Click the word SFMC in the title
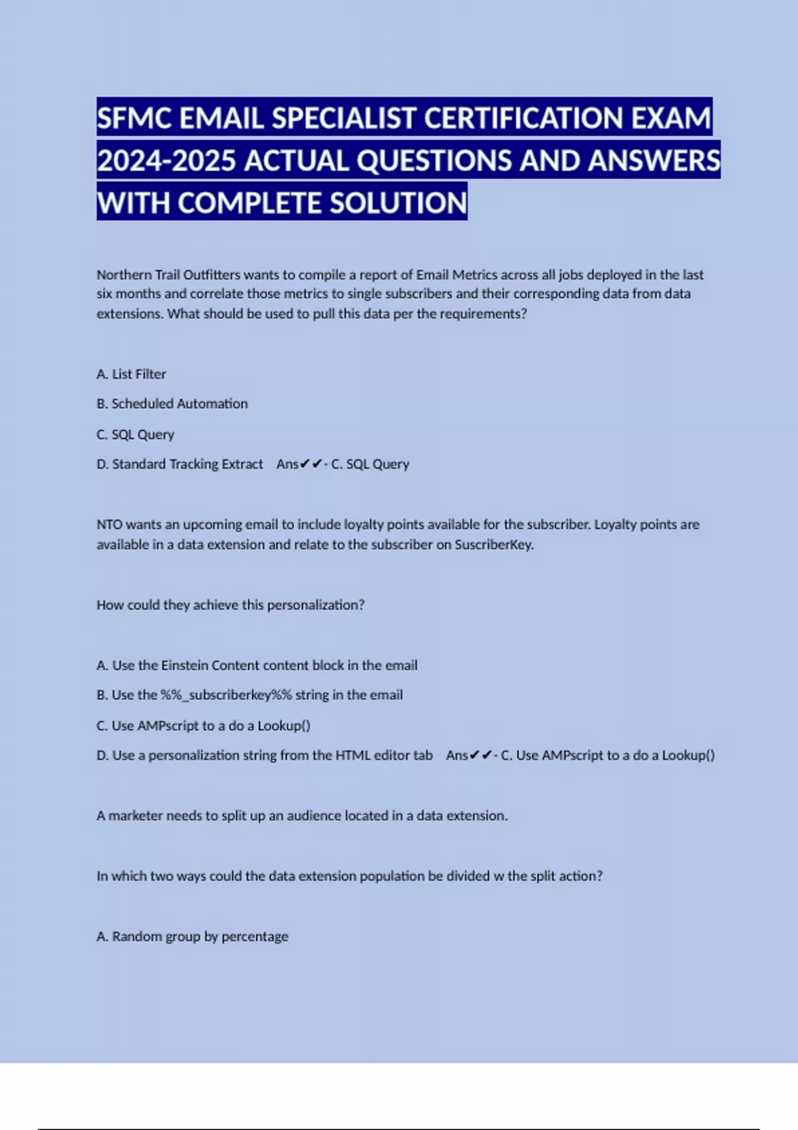pos(135,118)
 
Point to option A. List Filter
pos(132,374)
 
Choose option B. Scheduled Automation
pos(172,403)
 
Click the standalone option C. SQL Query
pos(136,435)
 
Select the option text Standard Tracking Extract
pos(187,464)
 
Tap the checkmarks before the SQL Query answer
pos(311,464)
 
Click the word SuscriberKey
pos(493,544)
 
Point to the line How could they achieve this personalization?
pos(230,605)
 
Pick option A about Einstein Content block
pos(257,665)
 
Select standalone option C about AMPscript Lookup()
pos(203,726)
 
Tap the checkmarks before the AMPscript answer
pos(480,755)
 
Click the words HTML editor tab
pos(384,755)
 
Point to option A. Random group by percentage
pos(192,937)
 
